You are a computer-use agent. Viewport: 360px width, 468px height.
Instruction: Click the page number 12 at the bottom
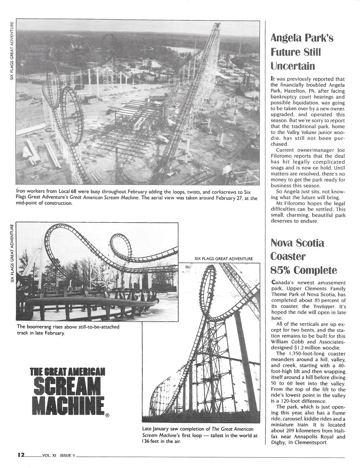[21, 455]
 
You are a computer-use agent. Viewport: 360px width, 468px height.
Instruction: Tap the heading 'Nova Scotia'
[297, 243]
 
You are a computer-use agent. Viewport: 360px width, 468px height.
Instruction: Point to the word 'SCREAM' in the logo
[68, 387]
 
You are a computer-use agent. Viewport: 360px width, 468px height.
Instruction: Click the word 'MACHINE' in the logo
[68, 405]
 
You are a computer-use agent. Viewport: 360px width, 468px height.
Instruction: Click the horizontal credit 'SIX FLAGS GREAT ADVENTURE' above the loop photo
[224, 259]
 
